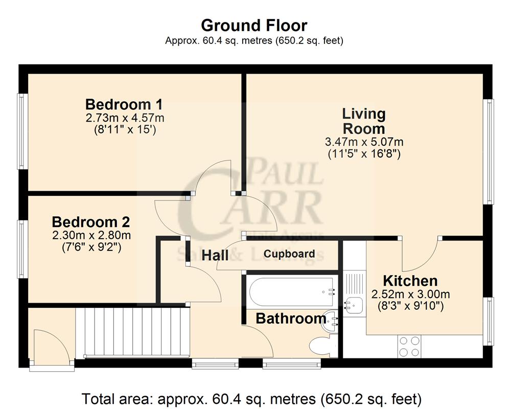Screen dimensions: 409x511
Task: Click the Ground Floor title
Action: (254, 25)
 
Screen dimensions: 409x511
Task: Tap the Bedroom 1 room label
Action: (124, 104)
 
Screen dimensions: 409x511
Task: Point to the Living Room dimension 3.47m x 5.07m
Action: (364, 141)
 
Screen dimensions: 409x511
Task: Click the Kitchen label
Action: (410, 281)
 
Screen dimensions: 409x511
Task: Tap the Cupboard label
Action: (289, 254)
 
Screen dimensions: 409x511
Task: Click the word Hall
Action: (215, 255)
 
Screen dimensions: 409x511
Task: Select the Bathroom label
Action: (291, 319)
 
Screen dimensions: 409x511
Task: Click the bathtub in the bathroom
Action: (291, 291)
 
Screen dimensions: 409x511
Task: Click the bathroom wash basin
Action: (333, 320)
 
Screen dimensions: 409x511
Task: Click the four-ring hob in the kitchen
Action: (409, 346)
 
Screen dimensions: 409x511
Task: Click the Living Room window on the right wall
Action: (490, 151)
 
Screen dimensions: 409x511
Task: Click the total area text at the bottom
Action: (252, 398)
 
